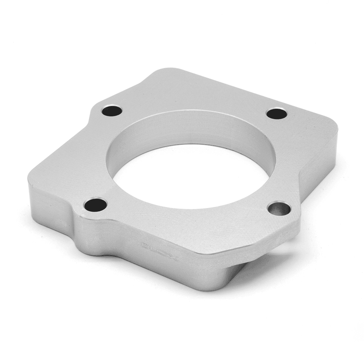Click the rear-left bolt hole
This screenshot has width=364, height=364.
(x=112, y=110)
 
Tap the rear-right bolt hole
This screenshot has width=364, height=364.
(x=277, y=113)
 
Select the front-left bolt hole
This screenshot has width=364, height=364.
(x=95, y=205)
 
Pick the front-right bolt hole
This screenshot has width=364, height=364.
(x=279, y=209)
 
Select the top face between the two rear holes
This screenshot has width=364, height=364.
(x=192, y=99)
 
